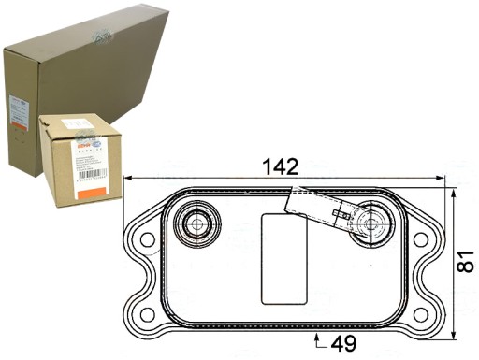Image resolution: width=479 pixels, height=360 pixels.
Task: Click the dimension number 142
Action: pyautogui.click(x=280, y=167)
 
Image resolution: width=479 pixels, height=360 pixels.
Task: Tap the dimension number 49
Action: pyautogui.click(x=344, y=342)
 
